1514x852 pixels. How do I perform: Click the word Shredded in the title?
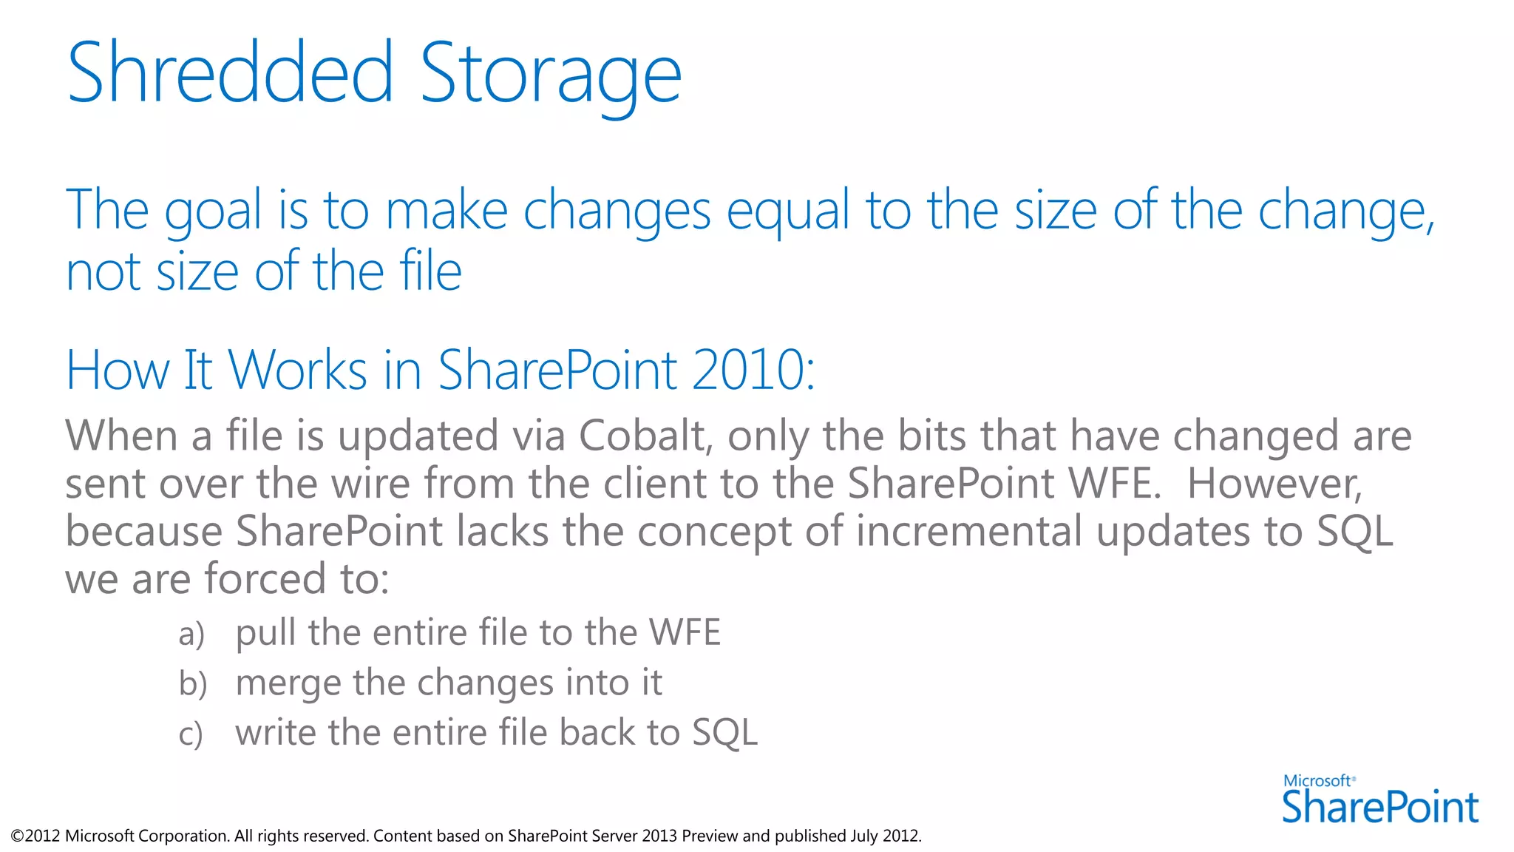230,73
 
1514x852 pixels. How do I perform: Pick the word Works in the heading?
297,370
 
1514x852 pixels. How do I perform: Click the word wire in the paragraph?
370,484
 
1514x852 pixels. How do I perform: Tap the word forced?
265,578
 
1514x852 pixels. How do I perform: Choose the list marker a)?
191,635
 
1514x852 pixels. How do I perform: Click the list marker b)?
192,683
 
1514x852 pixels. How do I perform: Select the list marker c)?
190,734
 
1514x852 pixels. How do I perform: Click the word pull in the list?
265,635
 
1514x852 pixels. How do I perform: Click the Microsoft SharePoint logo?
1379,799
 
